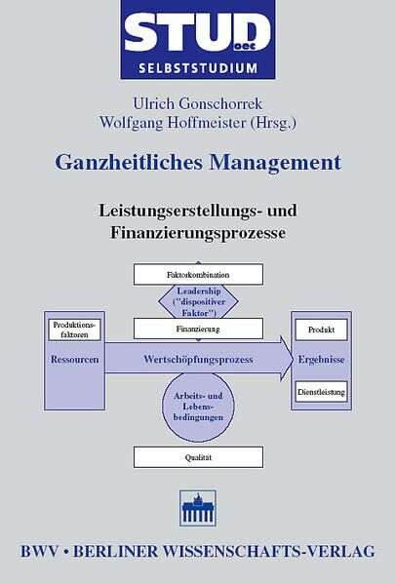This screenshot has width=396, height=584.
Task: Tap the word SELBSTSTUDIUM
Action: (x=198, y=68)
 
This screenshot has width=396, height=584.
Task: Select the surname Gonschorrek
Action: (x=220, y=104)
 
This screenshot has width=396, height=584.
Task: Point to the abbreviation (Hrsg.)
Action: (x=273, y=123)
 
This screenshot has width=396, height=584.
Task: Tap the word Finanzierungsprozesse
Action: (x=198, y=232)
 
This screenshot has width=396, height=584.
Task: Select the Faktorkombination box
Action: (x=198, y=275)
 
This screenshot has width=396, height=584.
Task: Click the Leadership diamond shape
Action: (x=198, y=301)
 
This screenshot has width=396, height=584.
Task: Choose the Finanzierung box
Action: (x=198, y=329)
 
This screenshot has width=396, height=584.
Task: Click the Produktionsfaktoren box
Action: (x=74, y=330)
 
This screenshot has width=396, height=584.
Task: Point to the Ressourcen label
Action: (x=74, y=360)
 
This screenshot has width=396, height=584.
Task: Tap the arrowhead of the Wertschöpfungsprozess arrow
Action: (x=286, y=358)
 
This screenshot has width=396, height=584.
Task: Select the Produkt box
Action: (x=321, y=330)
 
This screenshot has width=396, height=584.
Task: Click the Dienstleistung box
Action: (x=321, y=392)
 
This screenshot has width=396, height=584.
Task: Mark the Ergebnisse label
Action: (x=321, y=360)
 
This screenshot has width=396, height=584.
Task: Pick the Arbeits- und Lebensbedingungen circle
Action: (x=198, y=407)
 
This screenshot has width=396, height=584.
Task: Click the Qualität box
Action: (x=198, y=457)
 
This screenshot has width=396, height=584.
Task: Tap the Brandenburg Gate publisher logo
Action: (x=198, y=508)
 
